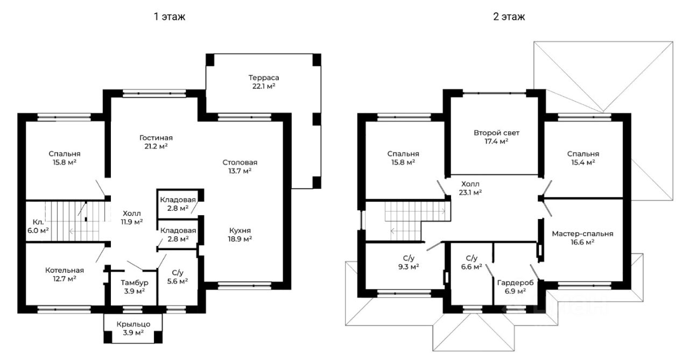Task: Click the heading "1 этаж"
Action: point(170,16)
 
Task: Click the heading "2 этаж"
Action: point(509,16)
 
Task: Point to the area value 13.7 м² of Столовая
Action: point(240,171)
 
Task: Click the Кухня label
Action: point(240,230)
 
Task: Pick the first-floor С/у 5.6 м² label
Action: point(178,277)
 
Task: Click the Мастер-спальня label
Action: point(582,234)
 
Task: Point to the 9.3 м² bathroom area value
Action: point(409,266)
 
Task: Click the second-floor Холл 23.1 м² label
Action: point(470,188)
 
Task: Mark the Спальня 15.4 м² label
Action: point(583,158)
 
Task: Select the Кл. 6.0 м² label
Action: point(38,226)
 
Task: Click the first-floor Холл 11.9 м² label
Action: point(132,217)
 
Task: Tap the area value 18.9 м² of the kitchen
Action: point(241,238)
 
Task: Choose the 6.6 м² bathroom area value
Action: point(472,266)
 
